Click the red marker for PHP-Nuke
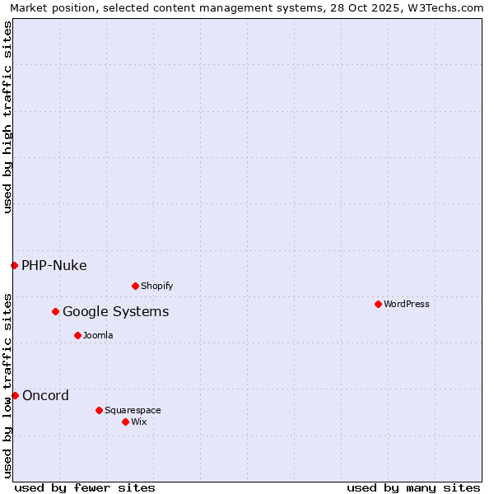point(14,265)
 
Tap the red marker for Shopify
point(135,286)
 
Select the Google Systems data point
point(55,311)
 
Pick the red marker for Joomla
point(77,335)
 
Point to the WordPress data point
point(378,304)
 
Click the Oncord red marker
point(15,395)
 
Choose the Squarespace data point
point(99,410)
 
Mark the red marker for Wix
point(125,422)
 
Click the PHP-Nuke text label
point(54,265)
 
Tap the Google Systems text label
point(116,311)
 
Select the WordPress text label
point(407,304)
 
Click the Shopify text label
point(157,286)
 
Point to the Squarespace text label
point(133,410)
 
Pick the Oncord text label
point(46,395)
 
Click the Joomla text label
point(98,335)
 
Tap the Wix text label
point(139,422)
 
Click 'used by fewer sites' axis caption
point(85,487)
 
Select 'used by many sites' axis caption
point(413,487)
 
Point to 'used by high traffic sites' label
point(7,117)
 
